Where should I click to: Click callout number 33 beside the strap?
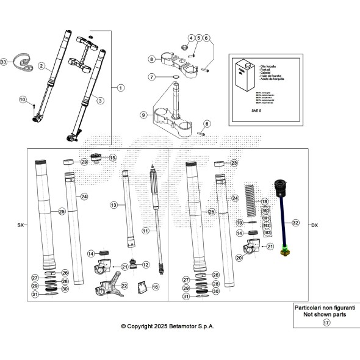[4, 62]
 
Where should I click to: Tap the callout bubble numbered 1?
[120, 87]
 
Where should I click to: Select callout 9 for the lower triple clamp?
[143, 115]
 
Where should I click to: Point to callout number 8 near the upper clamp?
[151, 59]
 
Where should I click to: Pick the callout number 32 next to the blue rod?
[295, 223]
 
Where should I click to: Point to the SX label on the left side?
[20, 225]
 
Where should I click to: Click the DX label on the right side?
[315, 225]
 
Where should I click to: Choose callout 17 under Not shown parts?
[326, 323]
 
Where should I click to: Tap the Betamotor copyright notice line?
[168, 326]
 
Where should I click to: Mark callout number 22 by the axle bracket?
[124, 285]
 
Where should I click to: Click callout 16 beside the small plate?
[156, 286]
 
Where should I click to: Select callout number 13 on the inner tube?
[113, 206]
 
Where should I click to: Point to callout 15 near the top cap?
[112, 157]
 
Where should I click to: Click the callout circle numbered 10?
[22, 99]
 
